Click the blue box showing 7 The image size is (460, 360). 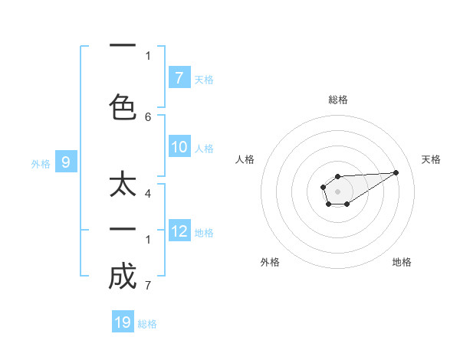[179, 78]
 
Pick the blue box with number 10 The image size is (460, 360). [179, 148]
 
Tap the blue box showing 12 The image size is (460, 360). [179, 231]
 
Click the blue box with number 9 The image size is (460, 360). [66, 162]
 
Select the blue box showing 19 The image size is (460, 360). [123, 322]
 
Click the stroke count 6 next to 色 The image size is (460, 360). [148, 117]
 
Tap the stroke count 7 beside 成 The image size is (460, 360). [148, 286]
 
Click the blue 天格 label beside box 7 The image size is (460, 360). [204, 79]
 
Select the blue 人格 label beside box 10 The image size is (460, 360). [204, 149]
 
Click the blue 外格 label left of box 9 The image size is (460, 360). [40, 163]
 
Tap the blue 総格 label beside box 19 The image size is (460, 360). [147, 323]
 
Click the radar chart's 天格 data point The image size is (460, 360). [396, 172]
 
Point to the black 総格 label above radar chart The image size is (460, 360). [338, 100]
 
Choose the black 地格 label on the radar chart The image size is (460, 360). [402, 262]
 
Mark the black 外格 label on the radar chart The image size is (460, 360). [270, 262]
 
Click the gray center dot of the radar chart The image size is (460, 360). [337, 191]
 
